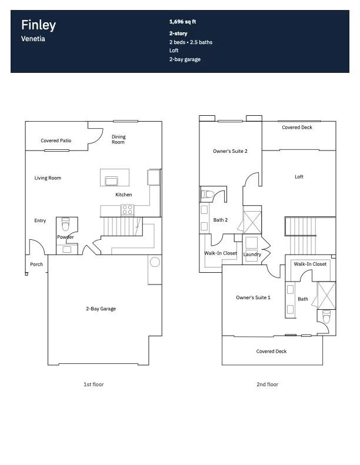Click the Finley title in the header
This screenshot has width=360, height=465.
[x=38, y=25]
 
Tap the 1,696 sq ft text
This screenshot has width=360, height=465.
[x=182, y=22]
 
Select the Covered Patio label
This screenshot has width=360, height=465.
[x=56, y=140]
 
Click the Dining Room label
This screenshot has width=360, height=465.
[x=118, y=139]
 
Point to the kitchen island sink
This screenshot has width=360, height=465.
[x=112, y=180]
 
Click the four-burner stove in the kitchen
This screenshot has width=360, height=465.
[x=127, y=210]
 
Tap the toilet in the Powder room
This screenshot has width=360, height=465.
[x=66, y=224]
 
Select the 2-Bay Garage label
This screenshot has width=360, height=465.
[x=101, y=309]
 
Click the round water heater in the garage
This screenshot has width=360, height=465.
[x=155, y=262]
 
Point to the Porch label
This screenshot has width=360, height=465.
[x=36, y=264]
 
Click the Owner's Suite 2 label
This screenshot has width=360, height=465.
[x=230, y=151]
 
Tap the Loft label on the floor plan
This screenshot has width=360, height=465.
[x=299, y=177]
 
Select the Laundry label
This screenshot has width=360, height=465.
[x=252, y=255]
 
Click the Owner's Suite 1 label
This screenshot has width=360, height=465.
[x=253, y=297]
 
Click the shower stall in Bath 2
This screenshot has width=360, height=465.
[x=252, y=222]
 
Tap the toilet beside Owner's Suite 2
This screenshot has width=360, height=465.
[x=208, y=195]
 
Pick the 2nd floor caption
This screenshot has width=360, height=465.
[x=268, y=384]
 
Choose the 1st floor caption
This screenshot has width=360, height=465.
[x=94, y=384]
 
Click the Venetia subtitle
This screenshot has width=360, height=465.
[x=33, y=39]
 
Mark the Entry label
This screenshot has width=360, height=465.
[x=40, y=220]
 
